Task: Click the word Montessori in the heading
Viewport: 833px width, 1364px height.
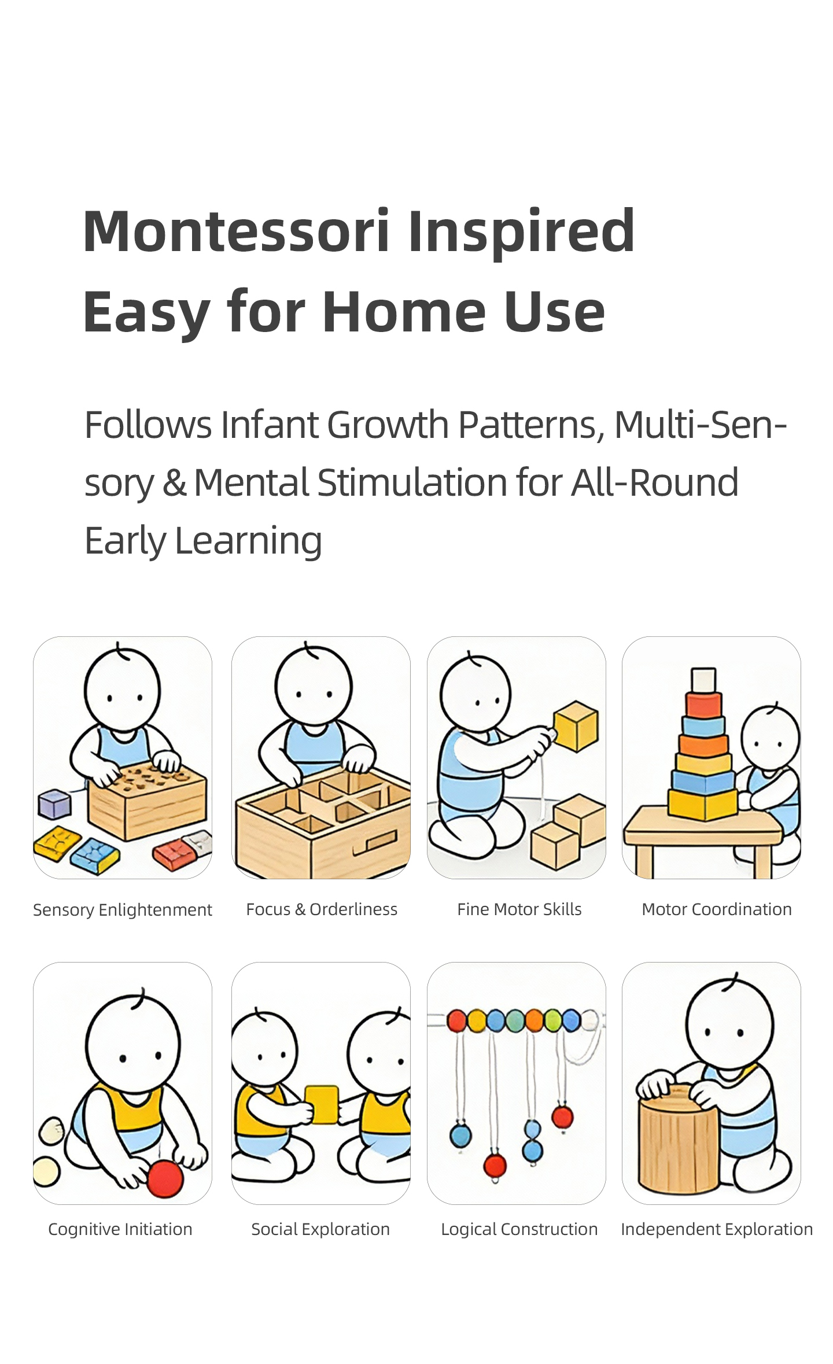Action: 236,231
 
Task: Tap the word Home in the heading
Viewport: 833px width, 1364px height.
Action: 404,312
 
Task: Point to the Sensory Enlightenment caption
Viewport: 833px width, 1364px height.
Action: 123,910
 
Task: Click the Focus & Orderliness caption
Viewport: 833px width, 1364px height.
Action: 322,909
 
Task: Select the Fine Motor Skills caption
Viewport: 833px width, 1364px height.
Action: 519,909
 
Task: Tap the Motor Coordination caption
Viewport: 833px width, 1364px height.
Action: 717,909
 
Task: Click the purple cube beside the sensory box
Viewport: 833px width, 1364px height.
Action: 54,805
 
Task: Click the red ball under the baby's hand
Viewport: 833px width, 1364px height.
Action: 165,1178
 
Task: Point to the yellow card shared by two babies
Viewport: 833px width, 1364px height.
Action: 321,1105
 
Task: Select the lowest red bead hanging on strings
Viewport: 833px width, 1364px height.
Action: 495,1165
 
